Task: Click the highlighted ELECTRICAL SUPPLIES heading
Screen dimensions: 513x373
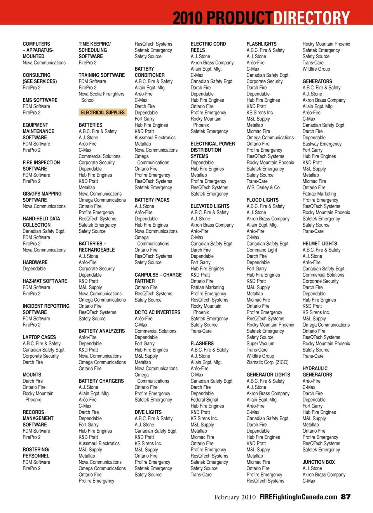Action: (x=103, y=113)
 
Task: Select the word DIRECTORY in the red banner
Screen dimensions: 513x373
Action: (x=312, y=18)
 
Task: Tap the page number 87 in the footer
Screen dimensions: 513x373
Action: (x=345, y=497)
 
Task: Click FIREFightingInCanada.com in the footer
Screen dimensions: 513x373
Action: (x=298, y=497)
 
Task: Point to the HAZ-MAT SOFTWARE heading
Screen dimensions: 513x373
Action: (x=45, y=281)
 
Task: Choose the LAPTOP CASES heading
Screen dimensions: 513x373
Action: (x=39, y=337)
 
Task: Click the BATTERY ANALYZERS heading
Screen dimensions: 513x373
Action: (x=102, y=331)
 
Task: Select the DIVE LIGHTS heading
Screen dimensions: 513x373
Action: (x=148, y=412)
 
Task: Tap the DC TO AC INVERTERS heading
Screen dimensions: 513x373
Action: (x=157, y=312)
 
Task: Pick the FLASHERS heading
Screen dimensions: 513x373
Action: (x=202, y=343)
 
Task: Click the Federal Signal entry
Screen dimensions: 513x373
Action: (x=204, y=400)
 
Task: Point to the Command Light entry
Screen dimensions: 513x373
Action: (x=262, y=250)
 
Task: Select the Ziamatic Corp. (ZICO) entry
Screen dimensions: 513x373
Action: (x=267, y=362)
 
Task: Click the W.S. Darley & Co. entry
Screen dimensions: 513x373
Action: (x=263, y=187)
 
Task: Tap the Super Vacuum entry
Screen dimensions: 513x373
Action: (x=260, y=343)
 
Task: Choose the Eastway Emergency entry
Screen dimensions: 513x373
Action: (x=322, y=144)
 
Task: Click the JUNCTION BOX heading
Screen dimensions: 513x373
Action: (x=319, y=462)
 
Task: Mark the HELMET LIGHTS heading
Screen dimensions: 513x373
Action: (x=320, y=244)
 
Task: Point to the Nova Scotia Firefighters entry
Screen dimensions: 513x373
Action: (x=101, y=94)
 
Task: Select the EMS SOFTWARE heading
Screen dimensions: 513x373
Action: (x=40, y=100)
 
